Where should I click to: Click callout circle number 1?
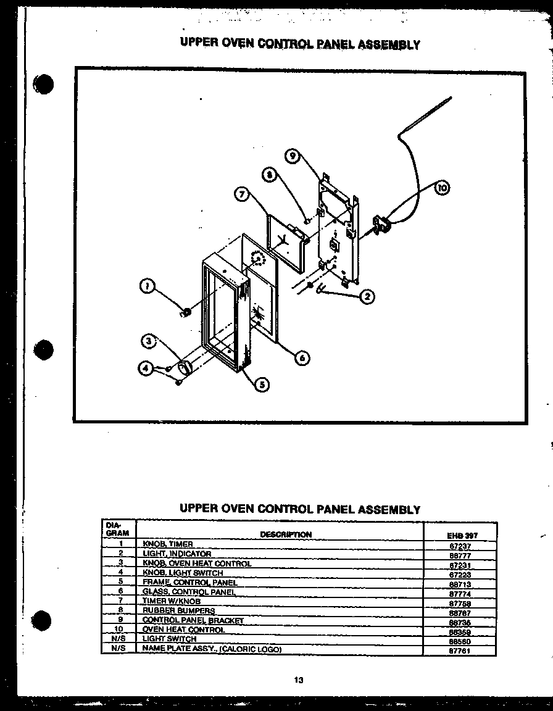[147, 286]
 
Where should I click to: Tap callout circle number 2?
[367, 297]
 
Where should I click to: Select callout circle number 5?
[262, 385]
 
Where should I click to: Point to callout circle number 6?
[302, 357]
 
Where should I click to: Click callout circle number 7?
[243, 194]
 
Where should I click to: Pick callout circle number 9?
[294, 157]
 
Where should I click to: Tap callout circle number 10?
[442, 188]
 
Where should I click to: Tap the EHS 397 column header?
[462, 536]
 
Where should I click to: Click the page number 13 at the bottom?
[298, 681]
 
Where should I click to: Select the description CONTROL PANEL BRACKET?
[193, 620]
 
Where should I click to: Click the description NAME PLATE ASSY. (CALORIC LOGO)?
[212, 649]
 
